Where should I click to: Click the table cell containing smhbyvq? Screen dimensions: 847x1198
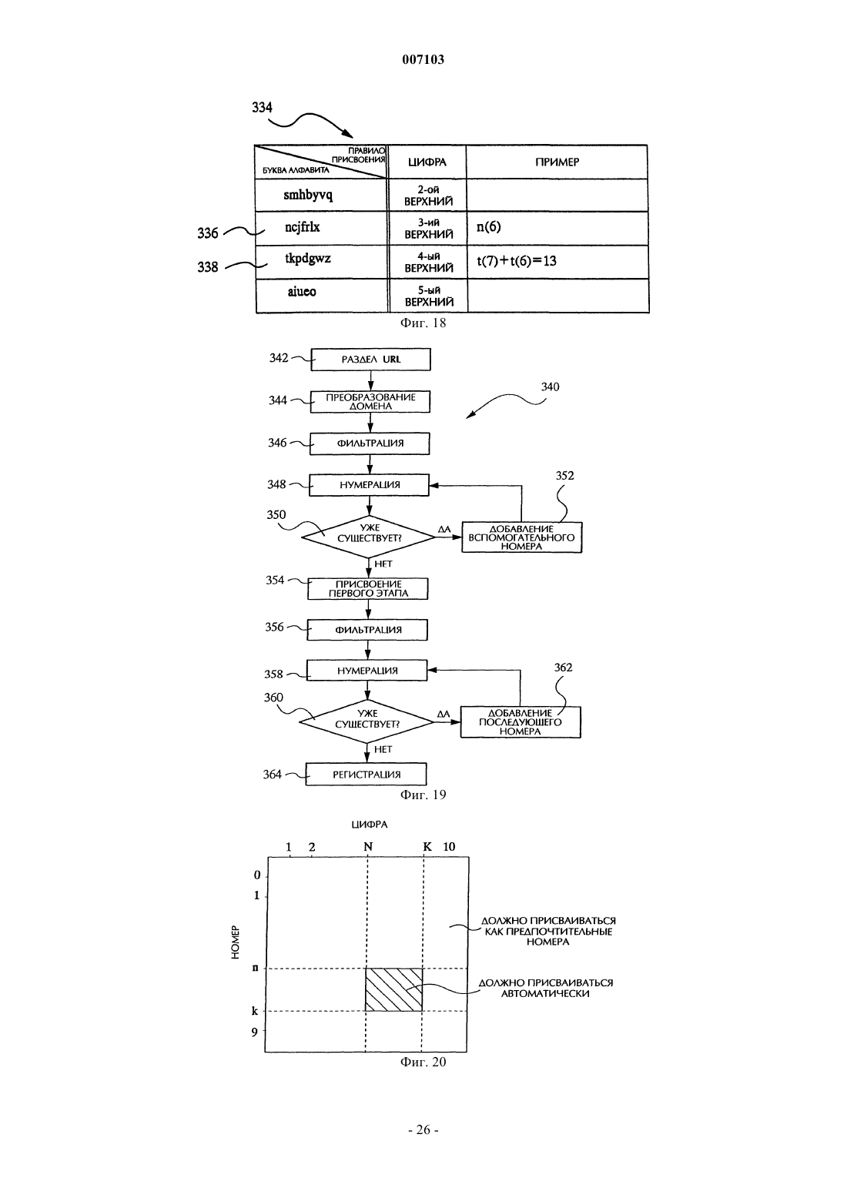(321, 196)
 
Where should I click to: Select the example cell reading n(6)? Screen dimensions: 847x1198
(557, 229)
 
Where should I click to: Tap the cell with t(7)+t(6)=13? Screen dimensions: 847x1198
(557, 262)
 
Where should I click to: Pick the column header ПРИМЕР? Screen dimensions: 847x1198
(557, 162)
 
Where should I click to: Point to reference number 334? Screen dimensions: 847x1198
(262, 108)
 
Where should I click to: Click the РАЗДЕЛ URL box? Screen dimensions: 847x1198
(370, 360)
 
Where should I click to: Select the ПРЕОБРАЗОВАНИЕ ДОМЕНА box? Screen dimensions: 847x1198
(370, 402)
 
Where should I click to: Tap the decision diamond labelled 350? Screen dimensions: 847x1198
(368, 537)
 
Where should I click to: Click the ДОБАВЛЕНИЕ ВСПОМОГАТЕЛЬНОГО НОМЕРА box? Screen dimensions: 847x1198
(521, 537)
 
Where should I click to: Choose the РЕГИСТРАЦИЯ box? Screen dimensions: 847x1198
(367, 774)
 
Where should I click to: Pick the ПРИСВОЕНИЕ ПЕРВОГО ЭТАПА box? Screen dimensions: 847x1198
(368, 589)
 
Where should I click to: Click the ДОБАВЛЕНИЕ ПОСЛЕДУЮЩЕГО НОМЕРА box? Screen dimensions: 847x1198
(521, 722)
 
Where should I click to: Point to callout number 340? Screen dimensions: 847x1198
(550, 387)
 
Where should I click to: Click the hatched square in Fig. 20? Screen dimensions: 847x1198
(393, 989)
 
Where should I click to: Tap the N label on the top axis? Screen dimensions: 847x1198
(368, 847)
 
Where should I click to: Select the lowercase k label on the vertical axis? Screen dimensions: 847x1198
(255, 1011)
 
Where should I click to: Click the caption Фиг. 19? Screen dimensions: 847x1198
(423, 795)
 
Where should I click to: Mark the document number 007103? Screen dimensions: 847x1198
(423, 59)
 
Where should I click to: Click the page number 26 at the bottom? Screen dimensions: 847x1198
(423, 1129)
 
